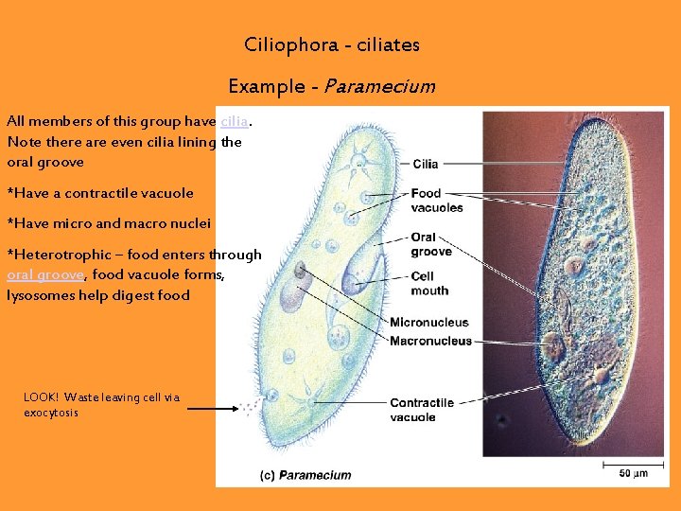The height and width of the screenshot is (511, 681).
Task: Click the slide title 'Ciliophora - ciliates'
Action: [x=331, y=44]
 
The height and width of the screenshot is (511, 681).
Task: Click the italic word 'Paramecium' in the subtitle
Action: [x=380, y=86]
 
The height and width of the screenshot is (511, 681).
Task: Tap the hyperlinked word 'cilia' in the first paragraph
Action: [x=236, y=122]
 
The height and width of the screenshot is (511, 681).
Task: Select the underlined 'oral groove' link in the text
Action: [x=46, y=274]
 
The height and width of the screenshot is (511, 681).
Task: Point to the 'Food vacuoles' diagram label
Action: [x=436, y=201]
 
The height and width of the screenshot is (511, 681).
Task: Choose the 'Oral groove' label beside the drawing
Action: [x=431, y=244]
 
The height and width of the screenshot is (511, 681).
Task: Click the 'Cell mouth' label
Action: [x=429, y=283]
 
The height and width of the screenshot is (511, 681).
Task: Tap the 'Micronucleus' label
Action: [x=428, y=323]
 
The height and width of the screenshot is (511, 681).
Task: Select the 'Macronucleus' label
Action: [x=430, y=341]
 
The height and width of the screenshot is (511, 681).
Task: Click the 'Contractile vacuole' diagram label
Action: [x=421, y=410]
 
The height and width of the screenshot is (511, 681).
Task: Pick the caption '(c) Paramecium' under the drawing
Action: [x=305, y=475]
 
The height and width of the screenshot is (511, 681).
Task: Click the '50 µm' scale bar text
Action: [x=634, y=472]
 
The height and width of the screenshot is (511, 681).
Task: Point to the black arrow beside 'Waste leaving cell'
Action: [x=212, y=409]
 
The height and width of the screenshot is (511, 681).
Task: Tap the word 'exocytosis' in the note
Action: [x=51, y=413]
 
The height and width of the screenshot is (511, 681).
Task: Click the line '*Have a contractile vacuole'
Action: [x=100, y=193]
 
